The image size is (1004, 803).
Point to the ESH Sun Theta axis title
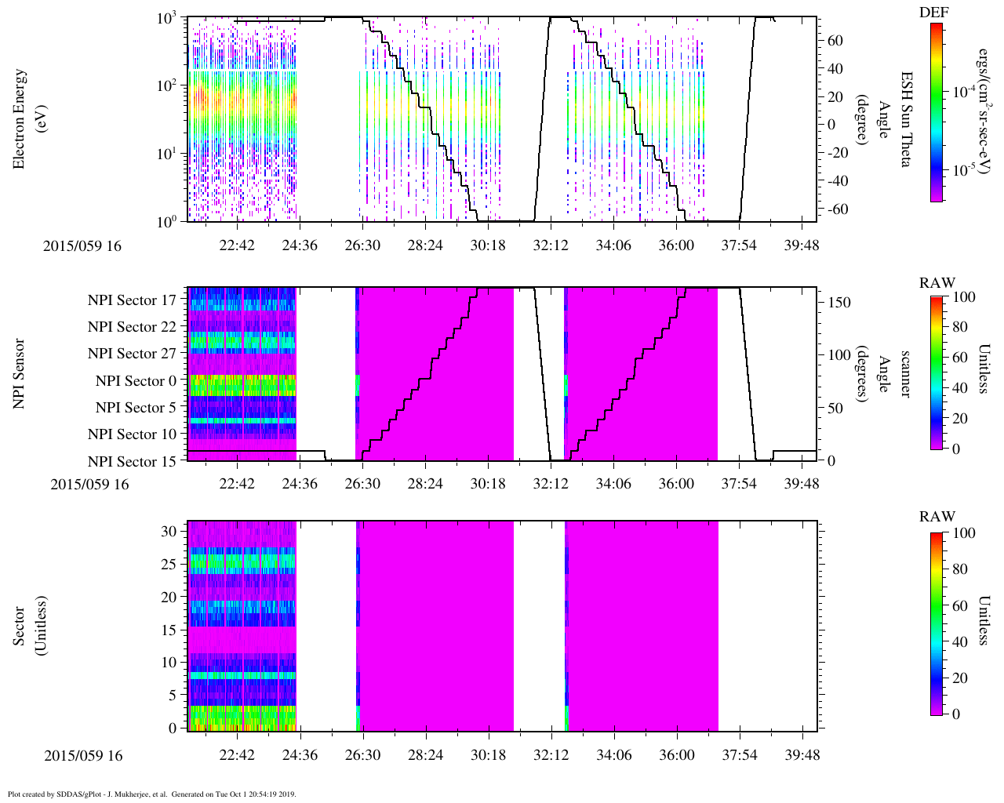(906, 118)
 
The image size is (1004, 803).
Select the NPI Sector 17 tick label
(132, 300)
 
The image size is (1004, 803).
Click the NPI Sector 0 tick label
(136, 381)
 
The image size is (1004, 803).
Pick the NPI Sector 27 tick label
(132, 354)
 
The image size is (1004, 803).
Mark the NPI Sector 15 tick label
(132, 462)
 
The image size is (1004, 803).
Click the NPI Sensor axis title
(20, 373)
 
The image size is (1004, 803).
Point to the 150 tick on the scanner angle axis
(840, 303)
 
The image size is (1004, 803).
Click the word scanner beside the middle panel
(905, 373)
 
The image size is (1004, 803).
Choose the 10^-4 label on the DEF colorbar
(964, 92)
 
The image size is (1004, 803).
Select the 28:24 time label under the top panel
(425, 245)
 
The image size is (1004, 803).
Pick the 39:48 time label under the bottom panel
(802, 755)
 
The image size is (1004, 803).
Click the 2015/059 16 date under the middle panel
(89, 484)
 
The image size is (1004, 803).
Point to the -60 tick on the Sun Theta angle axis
(836, 209)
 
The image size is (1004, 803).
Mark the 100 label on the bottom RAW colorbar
(964, 534)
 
